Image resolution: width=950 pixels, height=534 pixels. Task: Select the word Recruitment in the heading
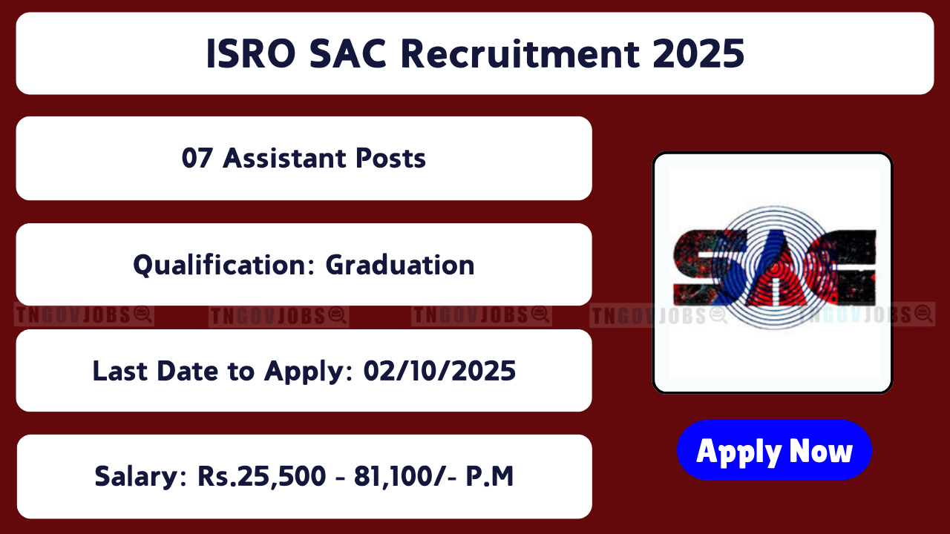tap(520, 54)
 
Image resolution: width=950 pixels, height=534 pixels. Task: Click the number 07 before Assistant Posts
tap(197, 158)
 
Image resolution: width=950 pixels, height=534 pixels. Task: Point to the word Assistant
tap(284, 158)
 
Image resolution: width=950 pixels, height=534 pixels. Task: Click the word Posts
tap(390, 158)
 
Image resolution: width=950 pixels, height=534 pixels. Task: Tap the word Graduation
tap(400, 265)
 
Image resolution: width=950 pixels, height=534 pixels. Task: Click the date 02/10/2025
tap(439, 371)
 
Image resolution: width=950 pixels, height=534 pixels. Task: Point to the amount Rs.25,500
tap(262, 476)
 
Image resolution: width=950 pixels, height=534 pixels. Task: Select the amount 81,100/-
tap(405, 476)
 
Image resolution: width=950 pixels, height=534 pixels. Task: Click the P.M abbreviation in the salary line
tap(489, 476)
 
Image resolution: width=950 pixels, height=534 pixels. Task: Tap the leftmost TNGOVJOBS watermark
tap(84, 315)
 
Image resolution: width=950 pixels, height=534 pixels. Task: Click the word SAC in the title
tap(348, 54)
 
